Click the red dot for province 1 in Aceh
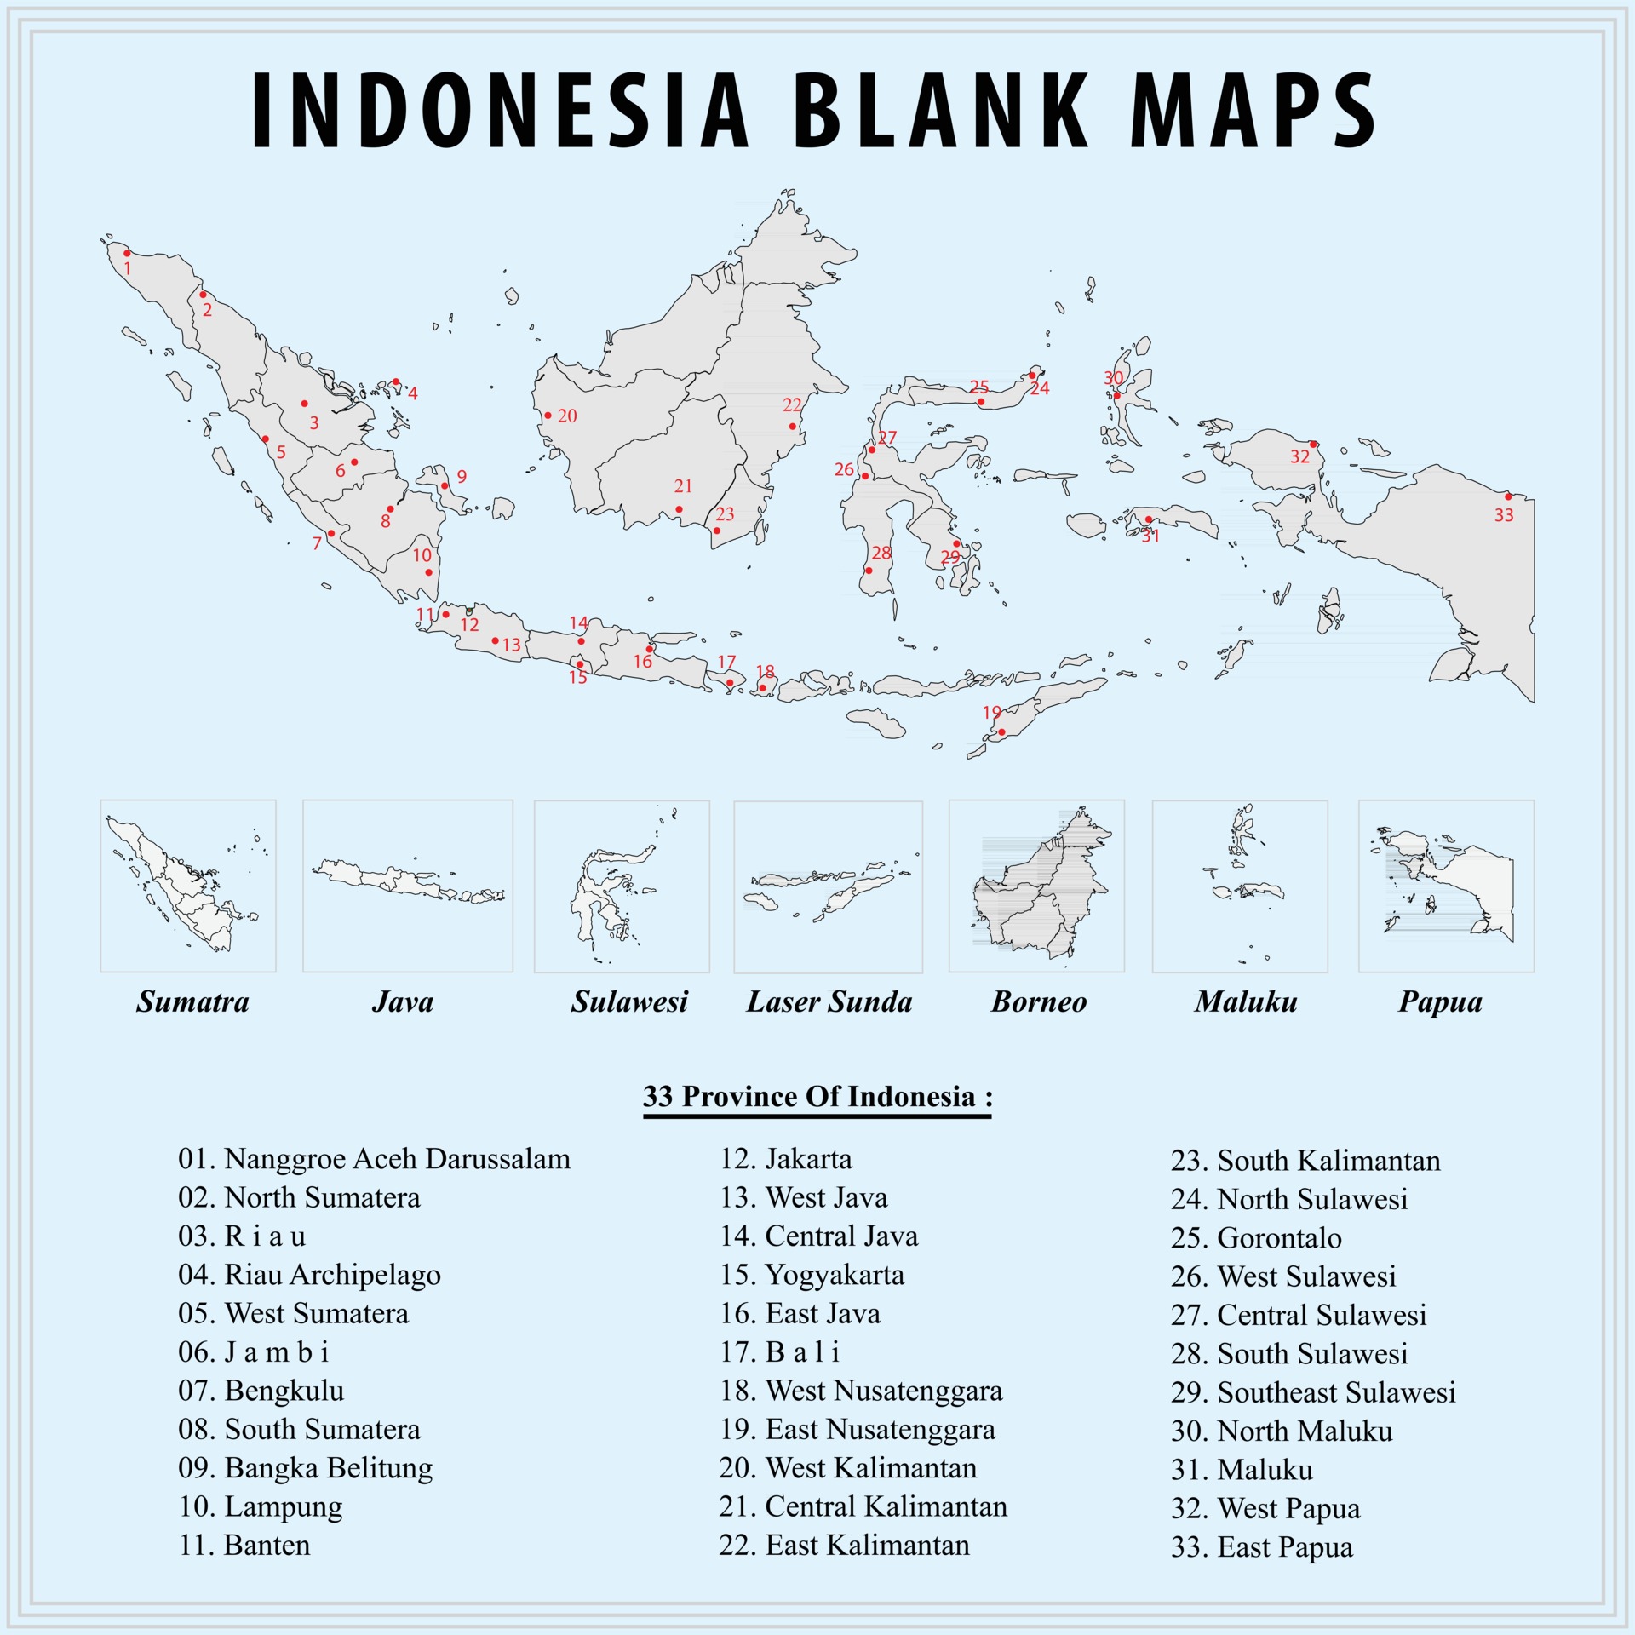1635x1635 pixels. click(127, 253)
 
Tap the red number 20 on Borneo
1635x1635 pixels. click(567, 416)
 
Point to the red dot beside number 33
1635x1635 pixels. click(1508, 496)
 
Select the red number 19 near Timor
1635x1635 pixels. click(992, 713)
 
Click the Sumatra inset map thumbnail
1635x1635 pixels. click(188, 886)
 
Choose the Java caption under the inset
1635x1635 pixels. click(403, 1002)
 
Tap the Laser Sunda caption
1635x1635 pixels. click(829, 1002)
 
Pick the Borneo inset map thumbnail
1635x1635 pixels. click(1036, 886)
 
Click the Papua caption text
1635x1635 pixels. click(1440, 1002)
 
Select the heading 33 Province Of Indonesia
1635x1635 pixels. click(817, 1097)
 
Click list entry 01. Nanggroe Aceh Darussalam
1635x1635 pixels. click(374, 1160)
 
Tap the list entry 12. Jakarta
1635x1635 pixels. click(785, 1160)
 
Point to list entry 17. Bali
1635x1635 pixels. click(779, 1352)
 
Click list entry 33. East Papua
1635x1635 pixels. click(1261, 1547)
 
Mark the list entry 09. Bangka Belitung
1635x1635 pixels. click(305, 1468)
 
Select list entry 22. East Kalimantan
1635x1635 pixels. click(844, 1546)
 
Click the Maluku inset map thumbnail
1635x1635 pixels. click(1240, 886)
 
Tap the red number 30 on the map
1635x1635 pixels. click(1114, 378)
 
